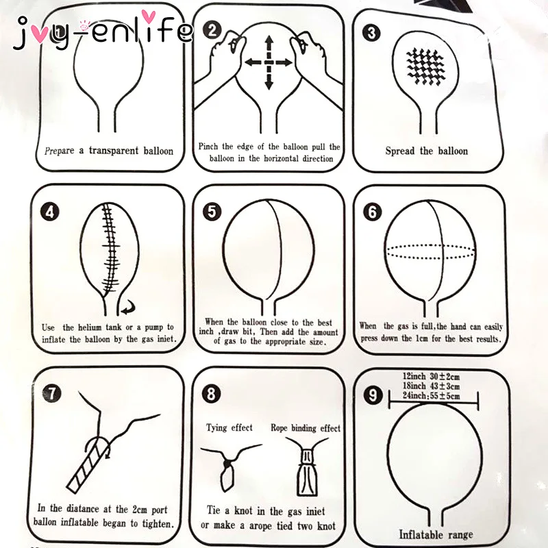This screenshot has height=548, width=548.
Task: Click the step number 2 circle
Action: click(x=212, y=30)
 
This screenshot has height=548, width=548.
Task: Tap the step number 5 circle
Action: click(x=212, y=211)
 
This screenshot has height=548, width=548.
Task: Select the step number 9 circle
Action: click(x=373, y=395)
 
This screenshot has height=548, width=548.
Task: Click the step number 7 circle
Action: click(x=52, y=393)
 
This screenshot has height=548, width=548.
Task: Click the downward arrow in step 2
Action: click(x=269, y=79)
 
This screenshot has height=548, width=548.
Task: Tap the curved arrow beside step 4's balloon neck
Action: click(x=128, y=308)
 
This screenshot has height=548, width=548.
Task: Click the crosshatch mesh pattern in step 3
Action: click(x=426, y=66)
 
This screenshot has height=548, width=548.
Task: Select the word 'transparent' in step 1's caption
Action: click(x=114, y=151)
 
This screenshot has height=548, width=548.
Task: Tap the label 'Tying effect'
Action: click(x=229, y=427)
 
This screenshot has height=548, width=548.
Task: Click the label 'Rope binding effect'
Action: click(x=306, y=428)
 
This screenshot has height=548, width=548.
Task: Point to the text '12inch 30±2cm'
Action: click(x=431, y=376)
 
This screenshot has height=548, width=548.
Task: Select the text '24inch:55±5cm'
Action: click(x=431, y=396)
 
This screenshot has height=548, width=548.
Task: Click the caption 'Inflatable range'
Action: click(x=436, y=534)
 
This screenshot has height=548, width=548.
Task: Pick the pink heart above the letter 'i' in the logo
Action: click(x=149, y=16)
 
